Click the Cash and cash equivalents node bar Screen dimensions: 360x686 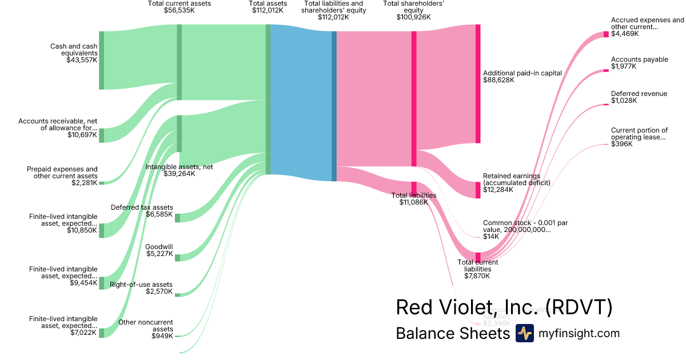point(102,60)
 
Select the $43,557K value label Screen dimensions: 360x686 point(82,59)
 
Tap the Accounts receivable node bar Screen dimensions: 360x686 point(102,135)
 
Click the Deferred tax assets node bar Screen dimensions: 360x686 point(177,218)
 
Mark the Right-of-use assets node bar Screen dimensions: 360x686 point(177,295)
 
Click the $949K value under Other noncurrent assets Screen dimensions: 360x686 point(162,336)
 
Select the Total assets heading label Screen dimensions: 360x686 point(268,3)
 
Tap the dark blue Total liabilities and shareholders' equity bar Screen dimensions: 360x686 point(334,106)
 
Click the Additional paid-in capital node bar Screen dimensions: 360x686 point(478,83)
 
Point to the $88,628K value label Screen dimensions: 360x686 point(498,80)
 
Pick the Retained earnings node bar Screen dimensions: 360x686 point(478,190)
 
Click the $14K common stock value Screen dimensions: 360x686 point(490,236)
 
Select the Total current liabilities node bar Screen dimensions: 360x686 point(478,257)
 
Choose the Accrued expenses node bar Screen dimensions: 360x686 point(606,34)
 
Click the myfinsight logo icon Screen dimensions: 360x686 point(524,333)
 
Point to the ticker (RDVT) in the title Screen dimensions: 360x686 point(579,307)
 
